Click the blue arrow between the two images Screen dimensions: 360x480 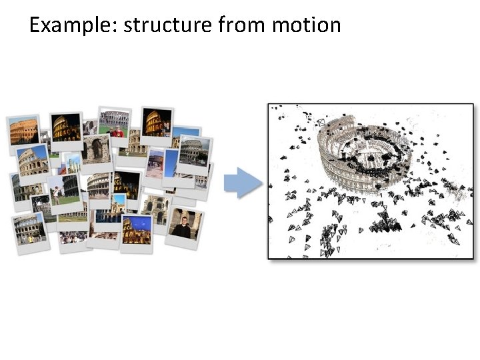pyautogui.click(x=242, y=183)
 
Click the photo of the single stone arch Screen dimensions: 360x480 pyautogui.click(x=97, y=149)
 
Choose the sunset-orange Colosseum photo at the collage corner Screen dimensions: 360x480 pyautogui.click(x=23, y=130)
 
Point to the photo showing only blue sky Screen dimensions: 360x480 pyautogui.click(x=171, y=162)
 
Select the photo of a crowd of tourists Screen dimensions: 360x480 pyautogui.click(x=73, y=237)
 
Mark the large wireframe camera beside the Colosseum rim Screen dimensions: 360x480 pyautogui.click(x=321, y=123)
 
